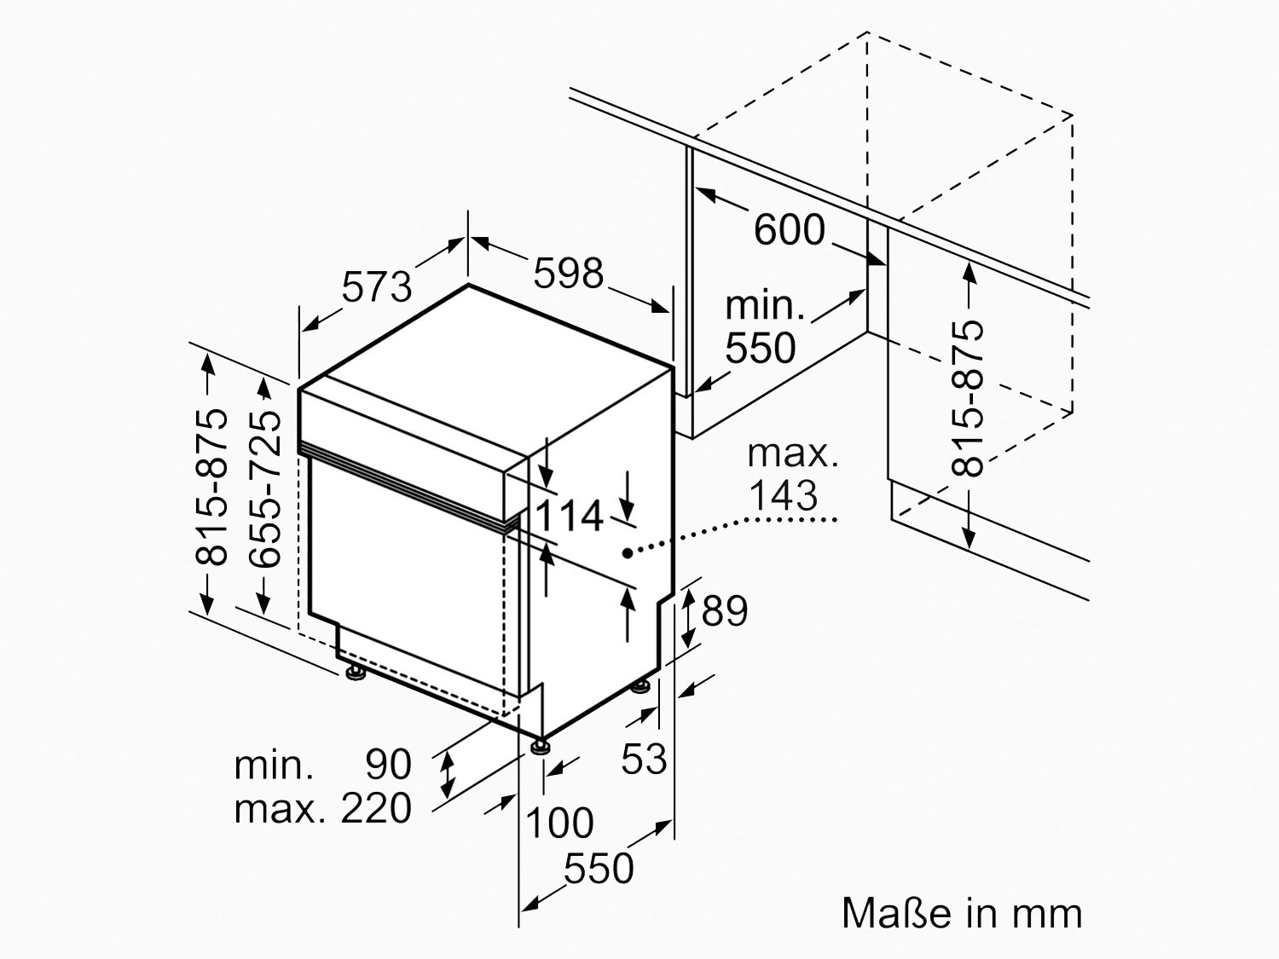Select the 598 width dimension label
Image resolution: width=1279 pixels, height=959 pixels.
click(569, 273)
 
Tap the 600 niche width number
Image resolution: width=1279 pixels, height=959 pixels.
click(790, 230)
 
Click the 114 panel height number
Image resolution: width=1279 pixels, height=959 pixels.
click(570, 516)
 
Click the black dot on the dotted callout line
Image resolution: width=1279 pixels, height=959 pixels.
click(628, 553)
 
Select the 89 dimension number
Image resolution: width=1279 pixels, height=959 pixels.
click(724, 610)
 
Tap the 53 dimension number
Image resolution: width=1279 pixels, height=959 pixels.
click(643, 758)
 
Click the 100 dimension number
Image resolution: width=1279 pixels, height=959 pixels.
click(559, 823)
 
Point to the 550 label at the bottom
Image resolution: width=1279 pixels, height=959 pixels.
click(598, 869)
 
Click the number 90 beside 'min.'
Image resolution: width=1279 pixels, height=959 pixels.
click(389, 765)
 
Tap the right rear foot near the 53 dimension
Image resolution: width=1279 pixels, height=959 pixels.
click(640, 686)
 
